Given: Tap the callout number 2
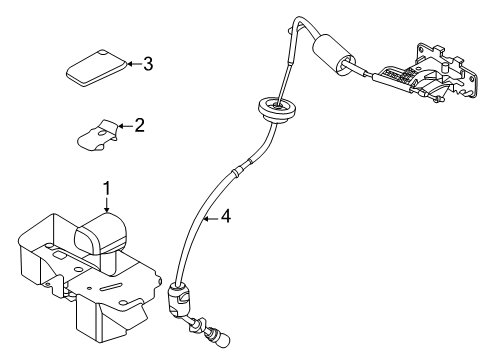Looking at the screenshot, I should coord(140,126).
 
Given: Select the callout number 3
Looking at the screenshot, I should coord(148,65).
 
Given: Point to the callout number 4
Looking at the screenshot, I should coord(226,215).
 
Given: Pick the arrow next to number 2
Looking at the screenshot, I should coord(124,127).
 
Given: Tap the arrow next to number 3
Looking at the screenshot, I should coord(131,65).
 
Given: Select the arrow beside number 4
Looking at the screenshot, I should coord(210,215).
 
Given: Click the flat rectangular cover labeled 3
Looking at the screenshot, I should coord(96,67).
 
